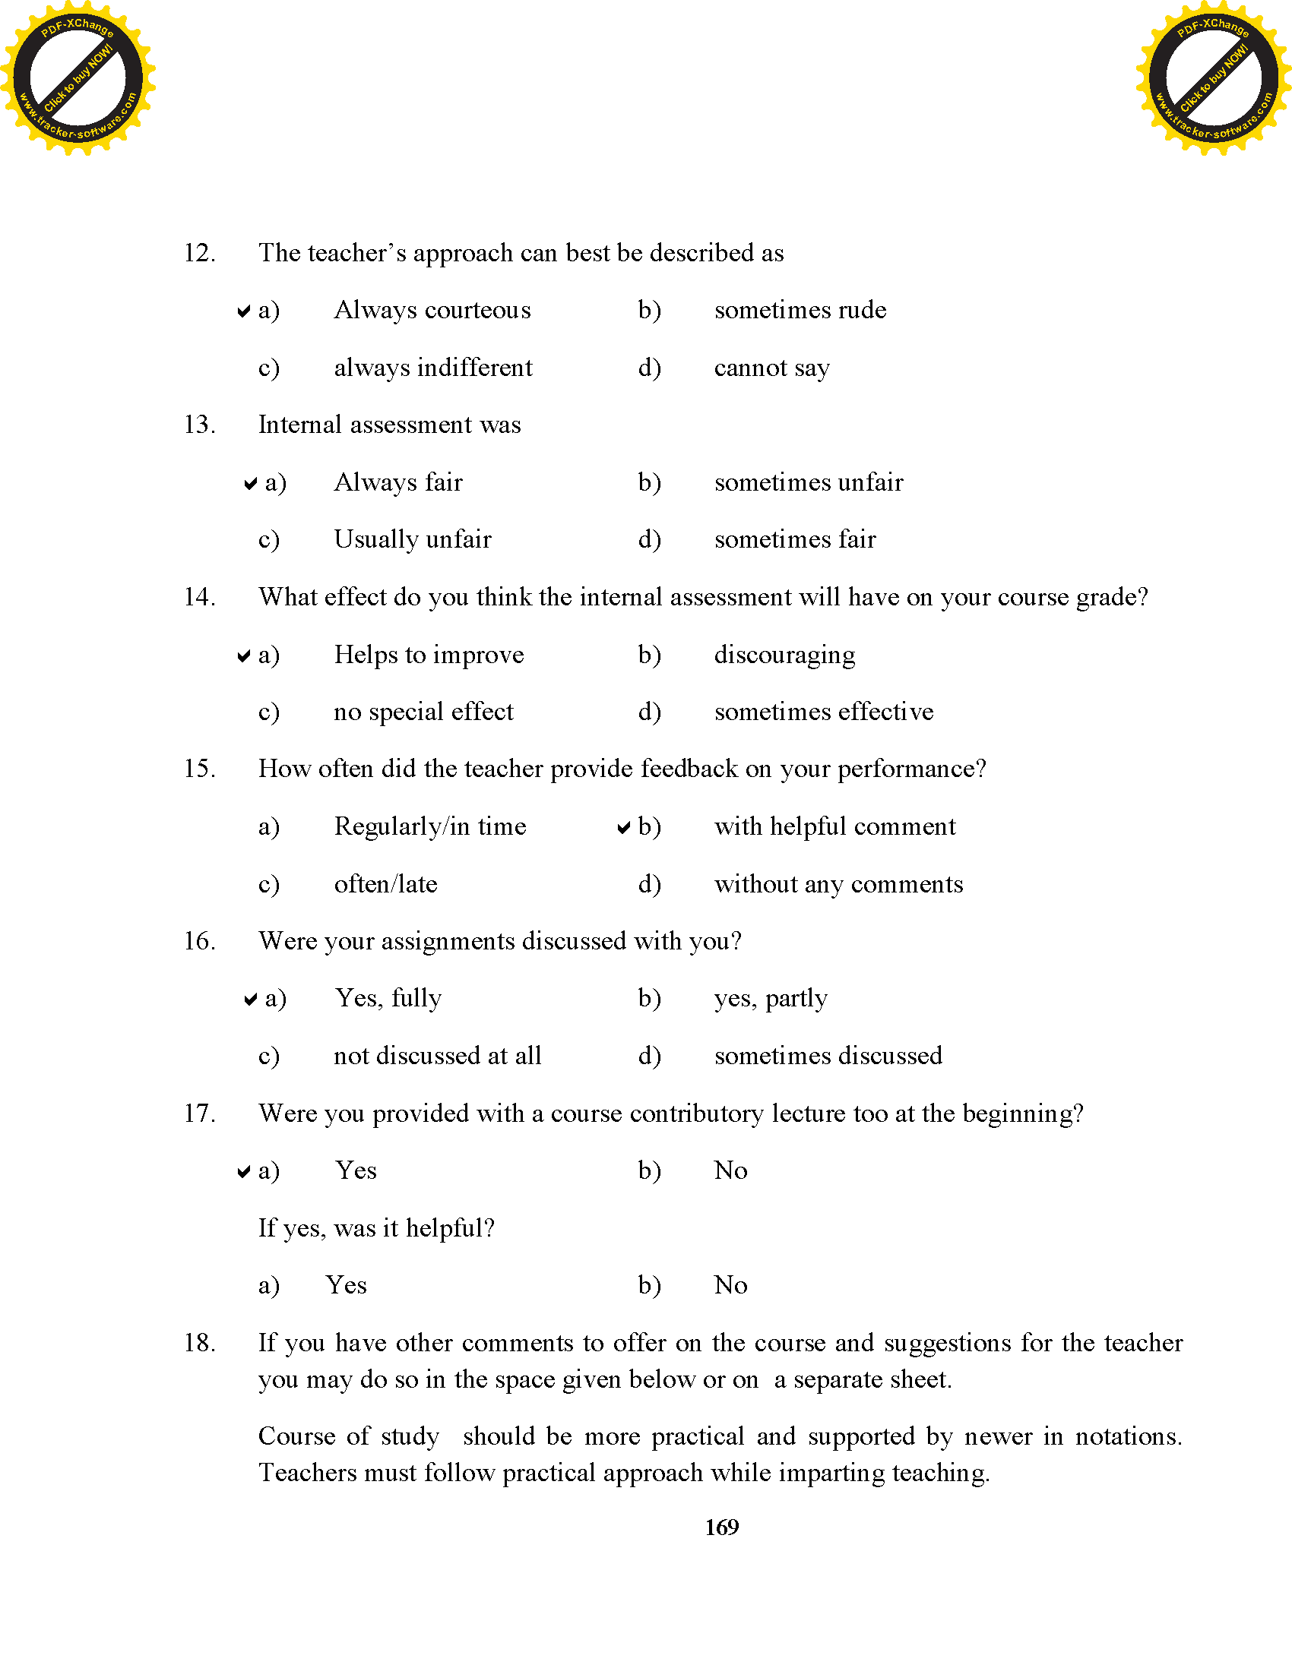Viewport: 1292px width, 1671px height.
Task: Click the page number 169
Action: (721, 1527)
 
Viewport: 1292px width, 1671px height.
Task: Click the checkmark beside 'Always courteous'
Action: (243, 311)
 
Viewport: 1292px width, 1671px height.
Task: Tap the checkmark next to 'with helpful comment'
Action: (624, 827)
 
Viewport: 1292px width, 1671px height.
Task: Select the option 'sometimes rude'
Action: (800, 310)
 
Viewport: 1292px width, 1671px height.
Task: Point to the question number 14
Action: (199, 597)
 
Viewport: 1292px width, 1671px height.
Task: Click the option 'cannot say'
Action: (771, 368)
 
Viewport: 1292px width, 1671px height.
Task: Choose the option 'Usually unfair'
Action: (413, 539)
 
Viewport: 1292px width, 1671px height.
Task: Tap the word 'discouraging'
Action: (784, 655)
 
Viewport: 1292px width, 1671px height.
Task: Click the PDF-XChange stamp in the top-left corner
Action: (78, 77)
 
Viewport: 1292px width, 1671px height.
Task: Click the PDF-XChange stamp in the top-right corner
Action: (1213, 77)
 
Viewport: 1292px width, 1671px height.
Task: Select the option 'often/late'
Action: (386, 884)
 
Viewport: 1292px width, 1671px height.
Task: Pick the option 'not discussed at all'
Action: (437, 1056)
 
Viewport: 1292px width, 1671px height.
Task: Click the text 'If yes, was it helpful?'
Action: (375, 1228)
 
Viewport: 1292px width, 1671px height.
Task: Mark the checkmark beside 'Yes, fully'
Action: (249, 1000)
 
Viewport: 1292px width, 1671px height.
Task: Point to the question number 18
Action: (199, 1343)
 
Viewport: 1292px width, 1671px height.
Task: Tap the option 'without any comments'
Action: (838, 884)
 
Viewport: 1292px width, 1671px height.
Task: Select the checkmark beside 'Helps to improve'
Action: (243, 655)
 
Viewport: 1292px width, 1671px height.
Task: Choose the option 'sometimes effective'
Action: (824, 712)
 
